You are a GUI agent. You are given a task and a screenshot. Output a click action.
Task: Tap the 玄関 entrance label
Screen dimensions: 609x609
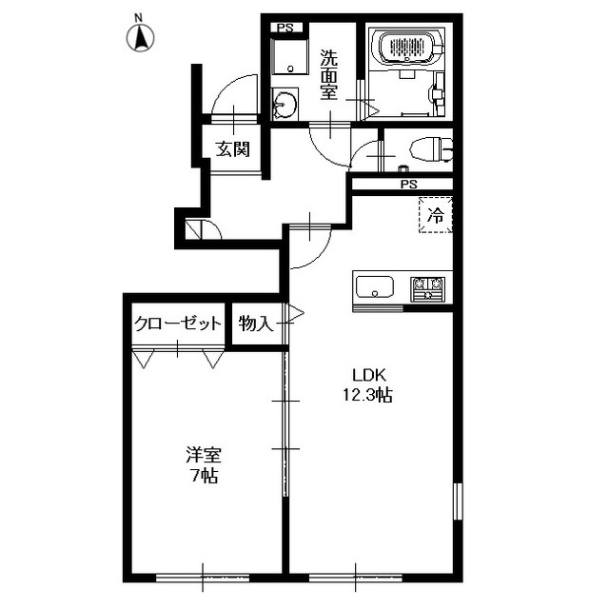point(232,148)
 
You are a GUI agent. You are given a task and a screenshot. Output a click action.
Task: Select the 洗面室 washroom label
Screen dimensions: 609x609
point(328,75)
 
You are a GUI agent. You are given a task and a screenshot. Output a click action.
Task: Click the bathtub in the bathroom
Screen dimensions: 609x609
point(406,47)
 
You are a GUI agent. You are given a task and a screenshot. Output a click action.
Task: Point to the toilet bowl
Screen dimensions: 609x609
point(430,148)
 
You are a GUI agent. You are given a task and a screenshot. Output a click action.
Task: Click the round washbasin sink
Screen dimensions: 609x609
point(285,104)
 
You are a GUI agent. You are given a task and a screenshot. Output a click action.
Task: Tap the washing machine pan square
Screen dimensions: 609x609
point(289,56)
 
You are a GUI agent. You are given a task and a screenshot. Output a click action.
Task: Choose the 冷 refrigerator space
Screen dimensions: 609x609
point(436,215)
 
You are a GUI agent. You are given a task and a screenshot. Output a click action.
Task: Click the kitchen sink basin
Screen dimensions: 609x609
point(375,287)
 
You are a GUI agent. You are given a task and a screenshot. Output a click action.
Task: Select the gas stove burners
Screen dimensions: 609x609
point(428,289)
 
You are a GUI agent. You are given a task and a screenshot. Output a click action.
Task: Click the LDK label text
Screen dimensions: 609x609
point(368,375)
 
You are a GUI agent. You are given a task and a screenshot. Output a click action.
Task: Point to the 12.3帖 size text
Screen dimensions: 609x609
point(367,396)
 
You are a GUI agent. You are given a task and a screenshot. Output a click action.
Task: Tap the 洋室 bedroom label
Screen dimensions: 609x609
point(203,455)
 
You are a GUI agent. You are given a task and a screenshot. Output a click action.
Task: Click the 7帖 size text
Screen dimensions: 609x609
point(204,476)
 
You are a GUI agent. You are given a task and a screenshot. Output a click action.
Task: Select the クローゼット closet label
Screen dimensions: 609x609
point(178,324)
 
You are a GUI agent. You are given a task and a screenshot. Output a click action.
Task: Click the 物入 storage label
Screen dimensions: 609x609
point(256,324)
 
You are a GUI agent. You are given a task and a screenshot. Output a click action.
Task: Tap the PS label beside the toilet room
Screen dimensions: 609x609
point(408,184)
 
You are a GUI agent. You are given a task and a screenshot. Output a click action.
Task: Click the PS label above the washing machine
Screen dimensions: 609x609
point(285,28)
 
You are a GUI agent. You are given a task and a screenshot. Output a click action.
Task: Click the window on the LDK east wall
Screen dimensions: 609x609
point(458,501)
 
